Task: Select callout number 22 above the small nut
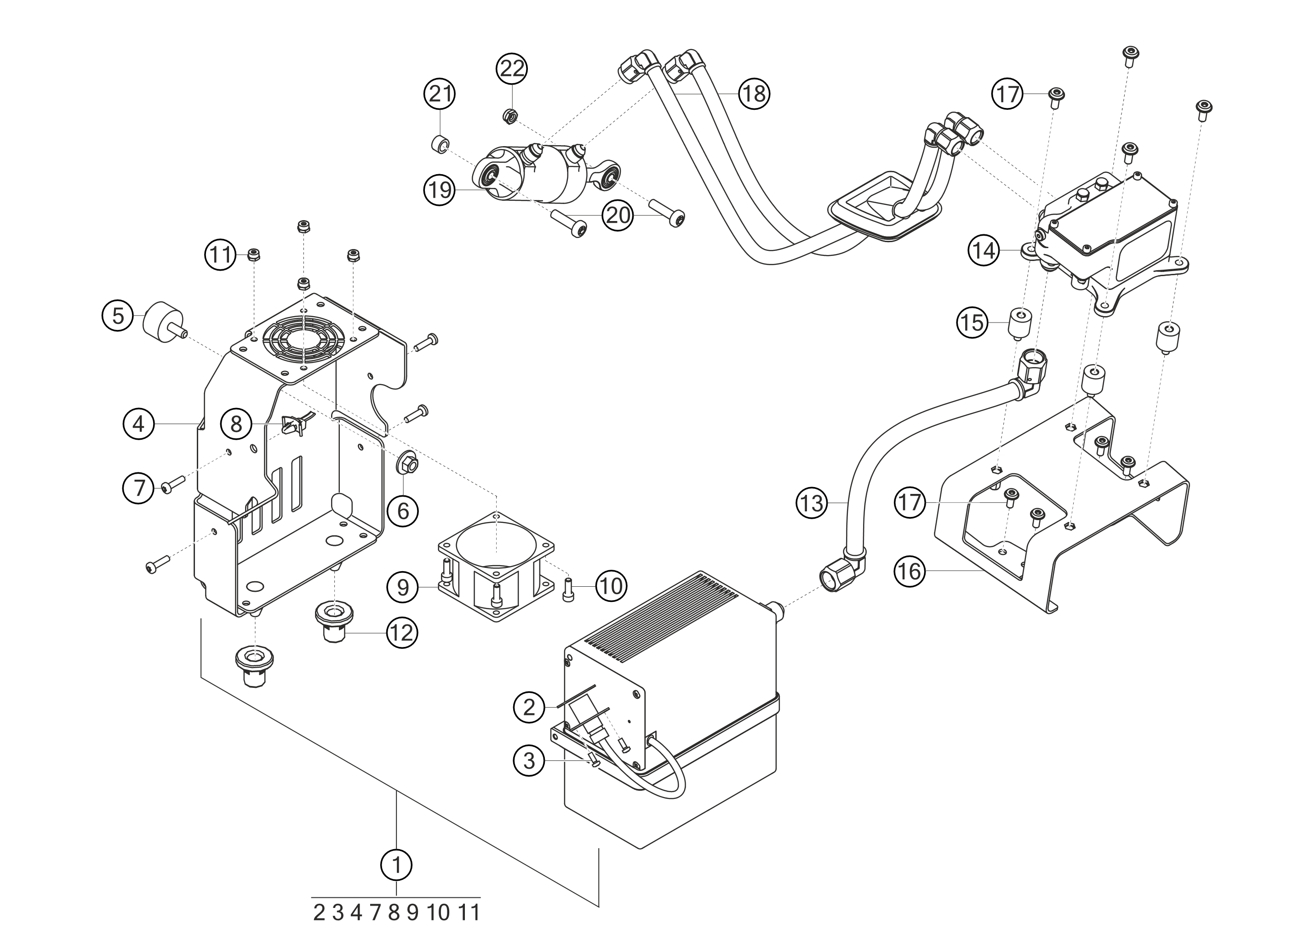[x=512, y=68]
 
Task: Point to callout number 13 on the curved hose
[x=811, y=504]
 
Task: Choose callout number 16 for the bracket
[x=910, y=571]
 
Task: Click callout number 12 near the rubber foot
[x=401, y=633]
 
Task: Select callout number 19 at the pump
[x=440, y=190]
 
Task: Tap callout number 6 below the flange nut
[x=403, y=511]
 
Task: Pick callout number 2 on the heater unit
[x=529, y=708]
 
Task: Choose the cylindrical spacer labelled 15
[x=1019, y=324]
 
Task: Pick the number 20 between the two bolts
[x=618, y=216]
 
